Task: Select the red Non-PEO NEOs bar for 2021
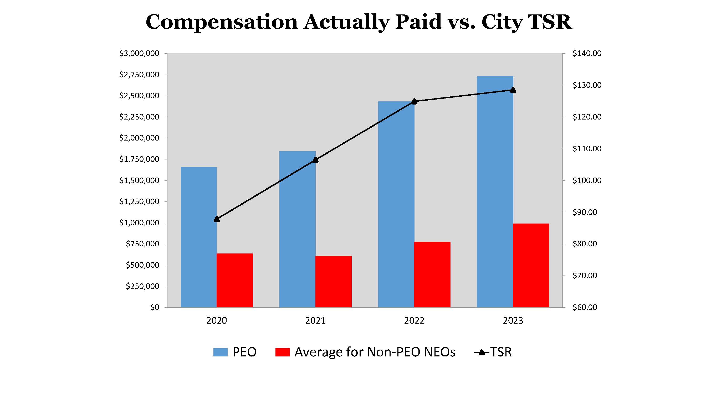click(333, 282)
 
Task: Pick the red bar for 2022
click(432, 275)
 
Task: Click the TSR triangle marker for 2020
click(217, 219)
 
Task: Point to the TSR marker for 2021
click(315, 160)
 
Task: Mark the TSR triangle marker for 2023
click(513, 90)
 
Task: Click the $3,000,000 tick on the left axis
click(139, 53)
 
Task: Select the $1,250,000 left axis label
click(139, 201)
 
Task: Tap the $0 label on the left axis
click(155, 307)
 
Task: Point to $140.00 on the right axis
click(587, 53)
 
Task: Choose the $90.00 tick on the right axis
click(585, 212)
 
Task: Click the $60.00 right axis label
click(585, 307)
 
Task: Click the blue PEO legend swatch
click(220, 352)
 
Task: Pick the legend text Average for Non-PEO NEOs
click(375, 352)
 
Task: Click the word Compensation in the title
click(222, 22)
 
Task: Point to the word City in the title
click(502, 22)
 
